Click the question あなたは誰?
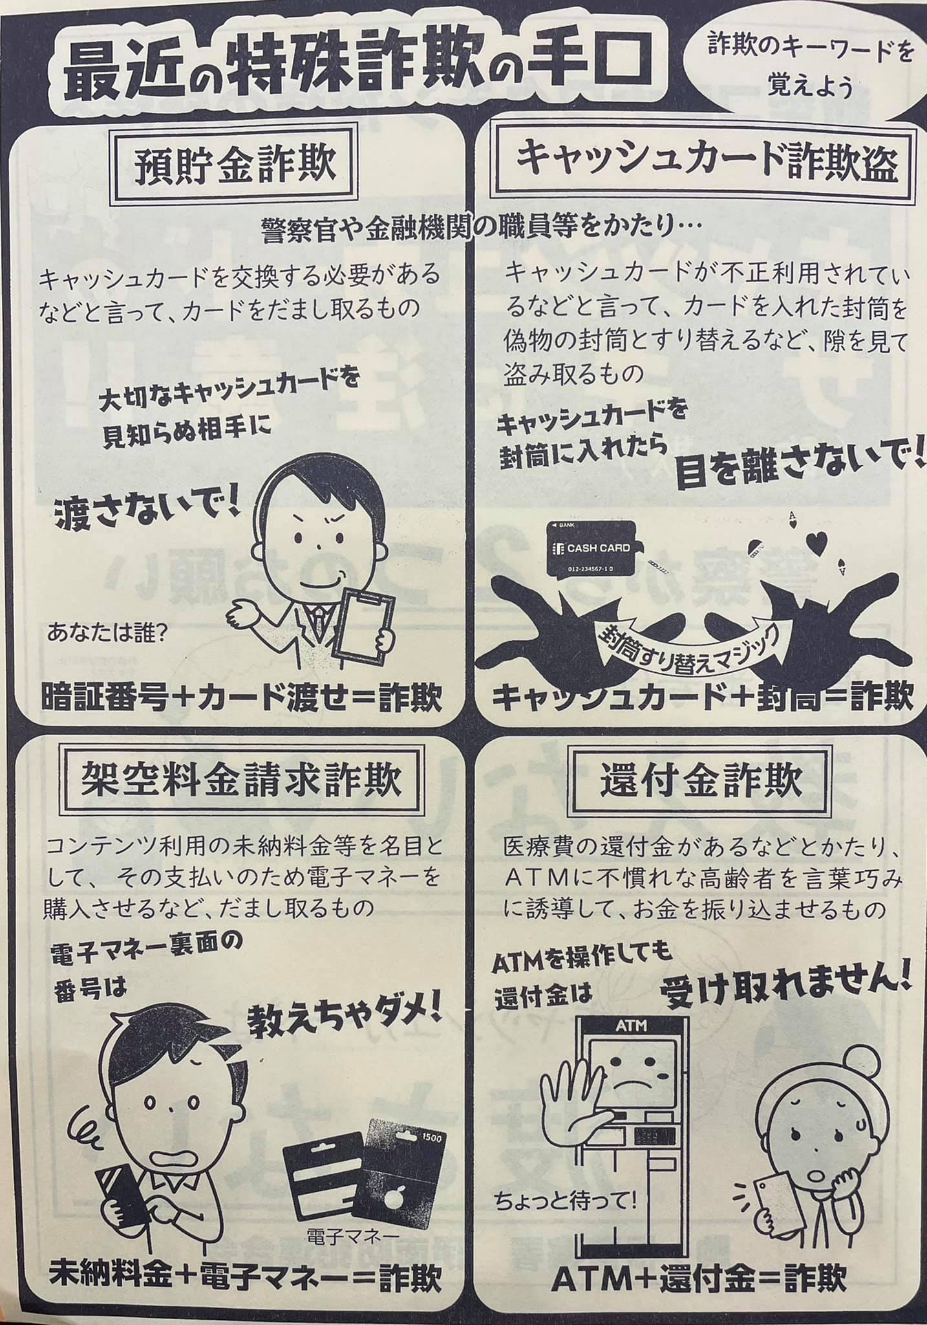point(107,631)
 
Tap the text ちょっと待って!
point(566,1202)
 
